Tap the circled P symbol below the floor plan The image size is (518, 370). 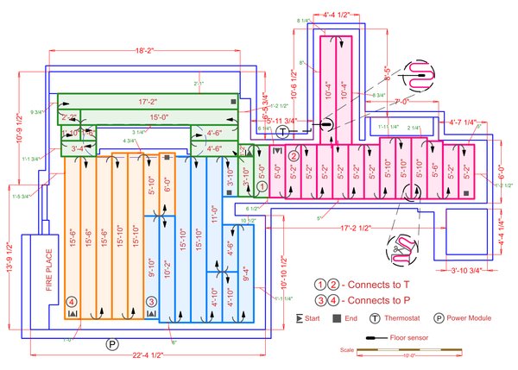[x=112, y=344]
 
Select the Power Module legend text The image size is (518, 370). [x=473, y=318]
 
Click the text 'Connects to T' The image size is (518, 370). [x=378, y=284]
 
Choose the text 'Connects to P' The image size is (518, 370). [x=378, y=300]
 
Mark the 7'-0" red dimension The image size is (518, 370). [x=400, y=102]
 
